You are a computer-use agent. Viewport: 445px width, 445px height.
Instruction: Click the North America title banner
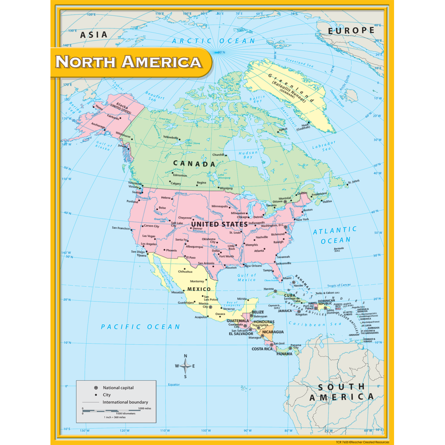[x=129, y=62]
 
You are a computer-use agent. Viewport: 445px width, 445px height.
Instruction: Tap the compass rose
[x=185, y=366]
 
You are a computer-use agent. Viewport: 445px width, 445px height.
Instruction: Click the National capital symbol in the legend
[x=95, y=388]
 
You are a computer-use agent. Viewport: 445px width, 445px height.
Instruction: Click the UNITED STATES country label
[x=219, y=224]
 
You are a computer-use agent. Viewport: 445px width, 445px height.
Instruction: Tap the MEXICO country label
[x=198, y=289]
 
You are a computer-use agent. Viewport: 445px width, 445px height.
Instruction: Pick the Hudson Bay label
[x=248, y=155]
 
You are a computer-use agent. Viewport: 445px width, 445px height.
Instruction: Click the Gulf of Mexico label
[x=247, y=277]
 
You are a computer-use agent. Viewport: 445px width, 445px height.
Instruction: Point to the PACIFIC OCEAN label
[x=140, y=327]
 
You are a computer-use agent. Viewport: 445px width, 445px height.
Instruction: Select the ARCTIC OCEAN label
[x=214, y=41]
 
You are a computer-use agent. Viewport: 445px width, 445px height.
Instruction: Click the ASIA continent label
[x=93, y=35]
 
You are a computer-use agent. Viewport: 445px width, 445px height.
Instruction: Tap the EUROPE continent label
[x=352, y=31]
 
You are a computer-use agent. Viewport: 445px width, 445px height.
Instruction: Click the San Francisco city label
[x=121, y=228]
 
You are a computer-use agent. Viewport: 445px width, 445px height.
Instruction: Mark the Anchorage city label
[x=97, y=125]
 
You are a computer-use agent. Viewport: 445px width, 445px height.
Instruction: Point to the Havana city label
[x=268, y=289]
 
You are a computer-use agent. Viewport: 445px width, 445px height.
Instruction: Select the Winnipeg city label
[x=226, y=188]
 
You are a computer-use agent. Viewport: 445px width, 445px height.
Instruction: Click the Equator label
[x=174, y=384]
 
